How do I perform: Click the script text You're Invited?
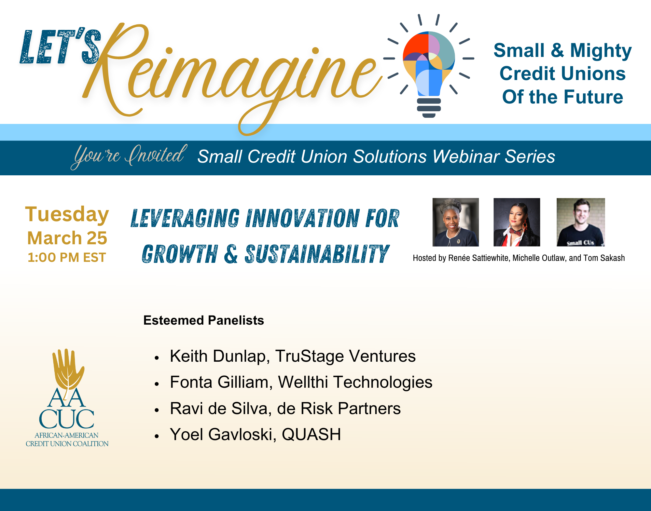pyautogui.click(x=129, y=156)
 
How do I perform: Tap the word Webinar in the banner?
pyautogui.click(x=466, y=156)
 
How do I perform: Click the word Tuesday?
pyautogui.click(x=67, y=215)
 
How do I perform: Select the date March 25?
pyautogui.click(x=67, y=238)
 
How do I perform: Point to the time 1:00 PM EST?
pyautogui.click(x=67, y=257)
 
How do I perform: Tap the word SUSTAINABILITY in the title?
pyautogui.click(x=317, y=254)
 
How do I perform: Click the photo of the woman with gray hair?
pyautogui.click(x=456, y=222)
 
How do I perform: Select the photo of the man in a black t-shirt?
pyautogui.click(x=581, y=222)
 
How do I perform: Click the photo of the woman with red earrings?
pyautogui.click(x=517, y=222)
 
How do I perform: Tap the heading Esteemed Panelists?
pyautogui.click(x=204, y=320)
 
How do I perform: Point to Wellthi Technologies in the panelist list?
pyautogui.click(x=355, y=382)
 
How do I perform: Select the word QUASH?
pyautogui.click(x=312, y=435)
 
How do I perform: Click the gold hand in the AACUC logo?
pyautogui.click(x=68, y=370)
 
